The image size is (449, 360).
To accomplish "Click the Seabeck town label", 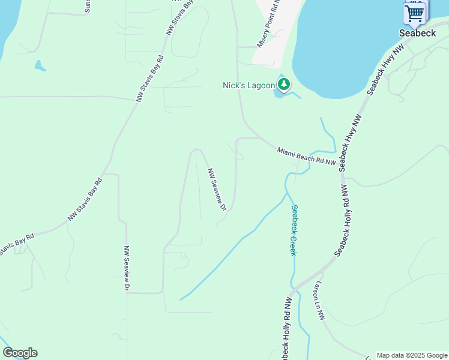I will pyautogui.click(x=418, y=34).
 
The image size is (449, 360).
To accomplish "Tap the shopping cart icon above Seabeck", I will pyautogui.click(x=415, y=13).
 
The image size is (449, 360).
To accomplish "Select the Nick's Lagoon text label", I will pyautogui.click(x=249, y=85).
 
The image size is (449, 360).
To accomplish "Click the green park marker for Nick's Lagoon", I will pyautogui.click(x=283, y=85).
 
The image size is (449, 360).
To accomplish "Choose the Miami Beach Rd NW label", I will pyautogui.click(x=306, y=157).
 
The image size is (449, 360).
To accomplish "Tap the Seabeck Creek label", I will pyautogui.click(x=294, y=230).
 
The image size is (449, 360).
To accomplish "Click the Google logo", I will pyautogui.click(x=20, y=353).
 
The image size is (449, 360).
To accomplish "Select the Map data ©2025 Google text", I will pyautogui.click(x=412, y=355).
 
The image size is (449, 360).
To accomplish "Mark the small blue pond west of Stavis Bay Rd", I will pyautogui.click(x=40, y=65).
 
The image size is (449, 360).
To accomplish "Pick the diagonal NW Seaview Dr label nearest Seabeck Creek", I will pyautogui.click(x=216, y=189).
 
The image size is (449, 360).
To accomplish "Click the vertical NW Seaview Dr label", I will pyautogui.click(x=127, y=268).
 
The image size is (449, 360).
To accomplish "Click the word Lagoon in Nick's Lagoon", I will pyautogui.click(x=261, y=85).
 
